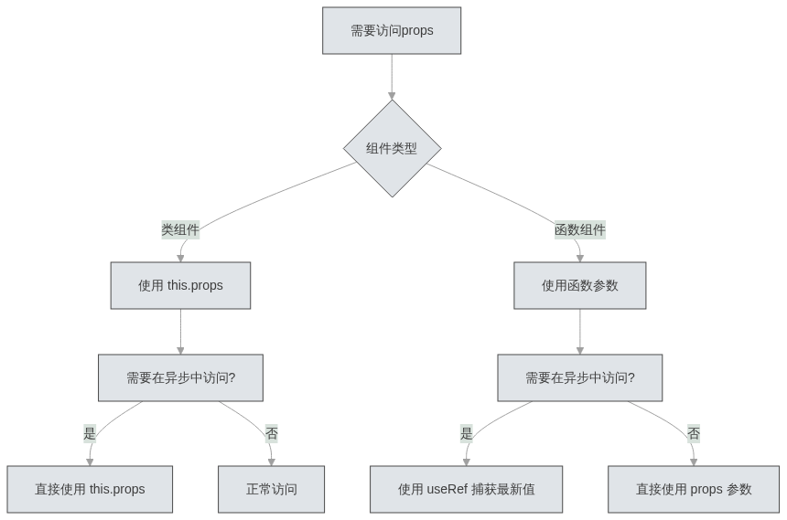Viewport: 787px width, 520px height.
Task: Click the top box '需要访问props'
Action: point(392,31)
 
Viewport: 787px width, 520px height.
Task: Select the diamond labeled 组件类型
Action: point(392,148)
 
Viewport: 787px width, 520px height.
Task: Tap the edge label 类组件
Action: point(180,230)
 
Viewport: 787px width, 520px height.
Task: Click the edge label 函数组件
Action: point(580,230)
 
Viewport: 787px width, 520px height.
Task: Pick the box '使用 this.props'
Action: point(180,285)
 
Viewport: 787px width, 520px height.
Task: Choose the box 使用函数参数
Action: point(580,285)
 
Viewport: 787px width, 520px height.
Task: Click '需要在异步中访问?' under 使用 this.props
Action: point(180,377)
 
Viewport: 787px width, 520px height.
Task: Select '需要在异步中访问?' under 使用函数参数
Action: point(580,377)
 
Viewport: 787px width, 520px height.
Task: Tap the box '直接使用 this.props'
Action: point(90,489)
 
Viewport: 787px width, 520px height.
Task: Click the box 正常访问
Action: point(271,489)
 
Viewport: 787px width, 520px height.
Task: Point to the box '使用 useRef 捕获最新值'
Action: point(467,489)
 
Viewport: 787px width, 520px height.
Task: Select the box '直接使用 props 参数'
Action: point(694,489)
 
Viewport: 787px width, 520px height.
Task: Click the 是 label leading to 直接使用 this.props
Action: point(90,434)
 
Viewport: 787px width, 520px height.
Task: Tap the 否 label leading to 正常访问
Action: point(271,434)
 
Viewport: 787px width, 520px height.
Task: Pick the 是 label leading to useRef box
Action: point(467,434)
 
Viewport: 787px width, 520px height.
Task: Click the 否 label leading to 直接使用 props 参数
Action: point(694,434)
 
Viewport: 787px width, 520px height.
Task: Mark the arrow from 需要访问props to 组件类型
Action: point(392,77)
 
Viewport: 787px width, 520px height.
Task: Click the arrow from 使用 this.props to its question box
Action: point(180,331)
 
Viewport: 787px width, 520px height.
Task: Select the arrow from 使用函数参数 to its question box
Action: point(580,331)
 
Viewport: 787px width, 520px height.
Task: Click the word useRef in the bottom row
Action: point(447,489)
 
